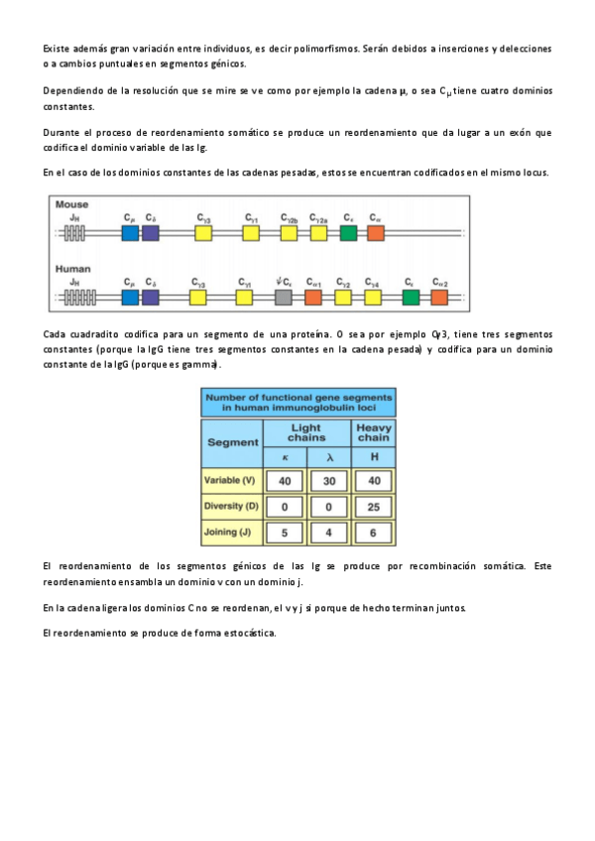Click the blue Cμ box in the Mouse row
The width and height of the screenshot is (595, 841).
point(130,233)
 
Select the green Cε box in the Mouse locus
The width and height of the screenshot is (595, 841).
point(348,233)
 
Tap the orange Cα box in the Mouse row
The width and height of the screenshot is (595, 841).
point(376,233)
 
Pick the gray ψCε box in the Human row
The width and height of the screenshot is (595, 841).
point(284,296)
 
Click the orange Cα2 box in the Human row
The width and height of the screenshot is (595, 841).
point(438,296)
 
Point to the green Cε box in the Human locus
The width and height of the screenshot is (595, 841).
point(410,296)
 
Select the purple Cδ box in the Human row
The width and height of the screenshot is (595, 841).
point(150,296)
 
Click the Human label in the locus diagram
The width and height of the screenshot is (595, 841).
point(72,268)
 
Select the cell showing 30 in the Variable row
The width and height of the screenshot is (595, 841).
point(329,481)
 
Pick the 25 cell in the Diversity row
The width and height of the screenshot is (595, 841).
point(373,507)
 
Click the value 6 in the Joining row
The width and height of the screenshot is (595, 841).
point(373,533)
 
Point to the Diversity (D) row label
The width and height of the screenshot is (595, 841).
point(230,506)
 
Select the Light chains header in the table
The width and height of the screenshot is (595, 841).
point(306,431)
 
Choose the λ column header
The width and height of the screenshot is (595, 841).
point(329,456)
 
